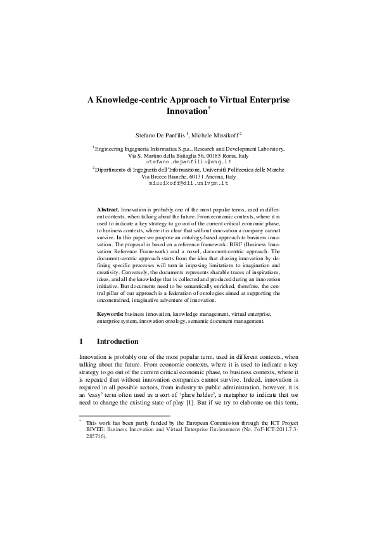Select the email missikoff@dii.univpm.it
pos(188,183)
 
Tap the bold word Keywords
pos(110,314)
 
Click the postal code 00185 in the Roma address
pos(206,155)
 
